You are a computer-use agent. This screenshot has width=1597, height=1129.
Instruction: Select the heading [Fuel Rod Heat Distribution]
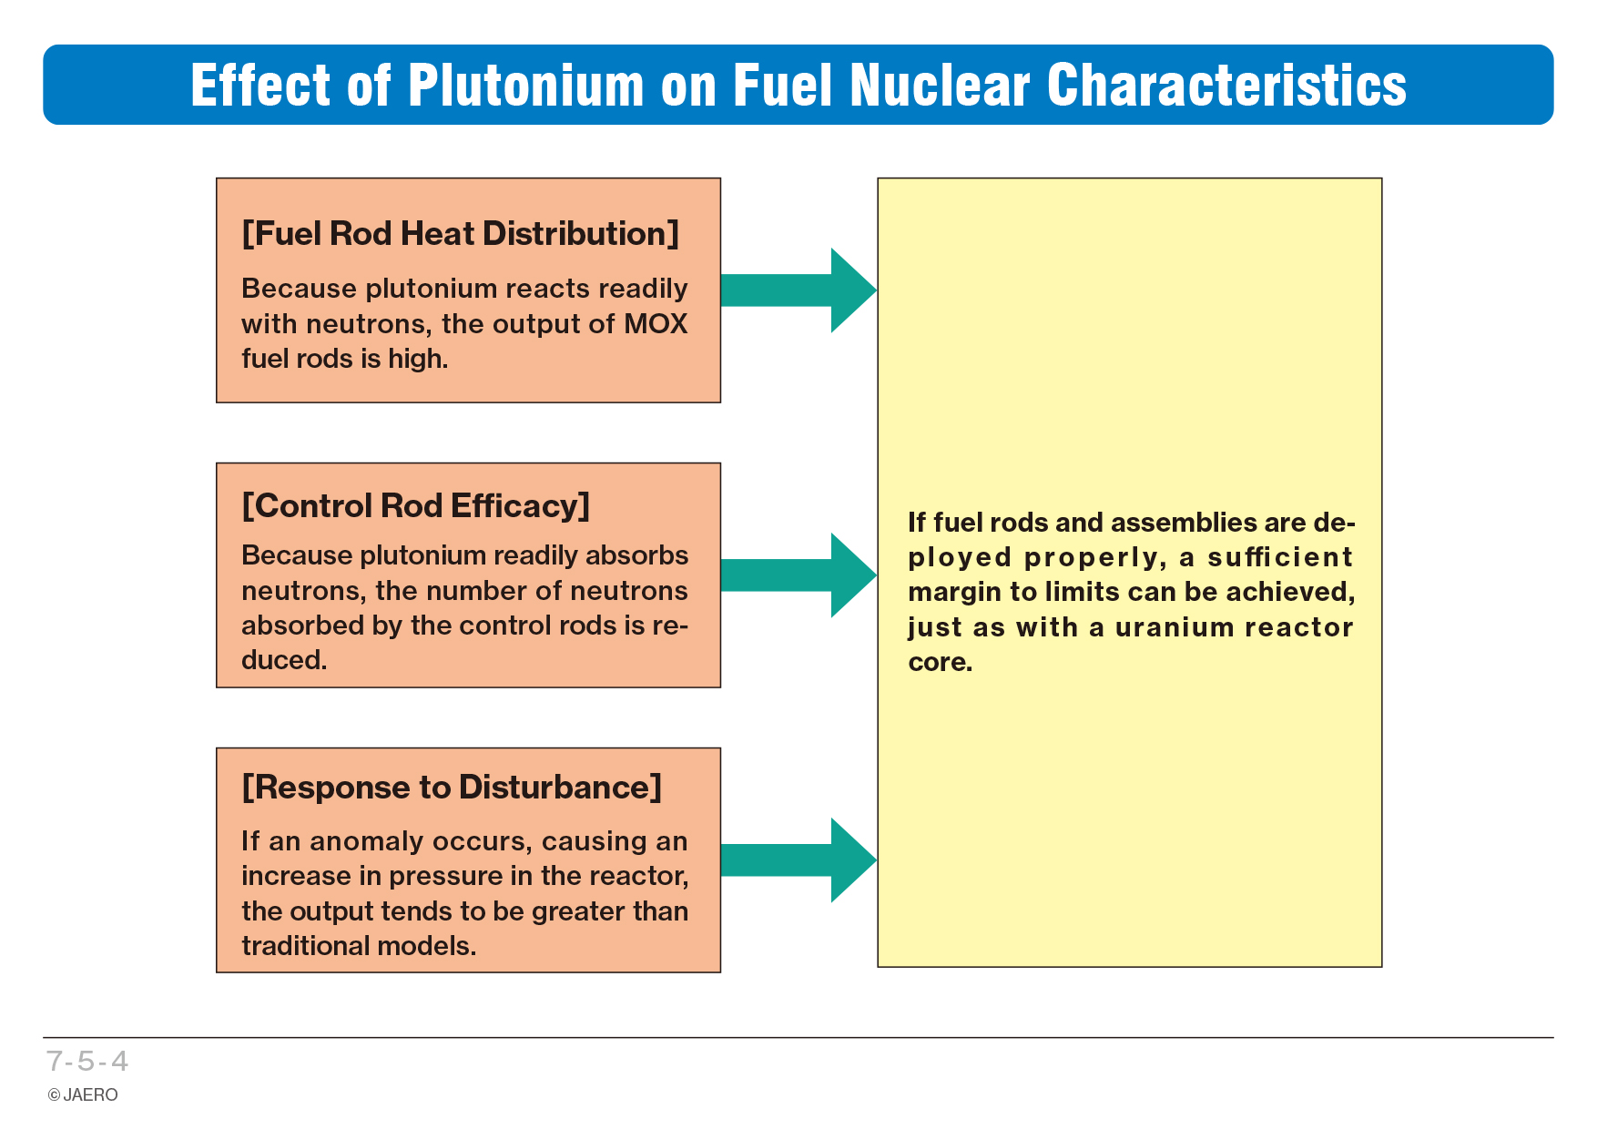(461, 234)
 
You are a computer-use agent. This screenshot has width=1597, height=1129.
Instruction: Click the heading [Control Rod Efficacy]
(416, 506)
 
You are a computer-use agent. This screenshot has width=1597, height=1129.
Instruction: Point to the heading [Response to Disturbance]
(452, 788)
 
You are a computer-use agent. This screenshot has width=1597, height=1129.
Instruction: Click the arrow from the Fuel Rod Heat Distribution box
(798, 290)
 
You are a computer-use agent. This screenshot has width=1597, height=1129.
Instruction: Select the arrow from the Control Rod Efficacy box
(798, 575)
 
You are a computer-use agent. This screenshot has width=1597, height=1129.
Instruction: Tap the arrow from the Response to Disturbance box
(798, 860)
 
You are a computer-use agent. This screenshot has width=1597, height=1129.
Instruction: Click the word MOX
(656, 324)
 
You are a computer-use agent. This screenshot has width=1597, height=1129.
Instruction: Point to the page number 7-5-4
(87, 1061)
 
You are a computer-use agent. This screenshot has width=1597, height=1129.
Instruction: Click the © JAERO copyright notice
(83, 1094)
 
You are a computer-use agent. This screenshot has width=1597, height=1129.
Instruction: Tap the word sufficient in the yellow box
(1280, 557)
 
